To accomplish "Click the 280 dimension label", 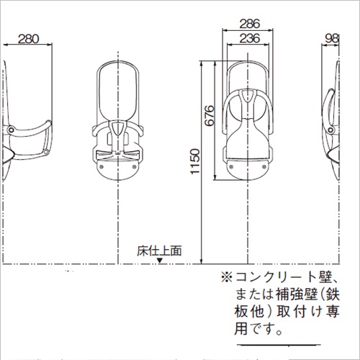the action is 28,39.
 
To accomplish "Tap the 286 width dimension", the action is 250,24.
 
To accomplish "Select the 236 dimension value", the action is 250,38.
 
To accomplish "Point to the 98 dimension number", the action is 332,39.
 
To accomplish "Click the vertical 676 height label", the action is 210,115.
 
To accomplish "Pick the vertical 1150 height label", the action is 195,161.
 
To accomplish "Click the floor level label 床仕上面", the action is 159,251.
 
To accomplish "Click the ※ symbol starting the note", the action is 227,277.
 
